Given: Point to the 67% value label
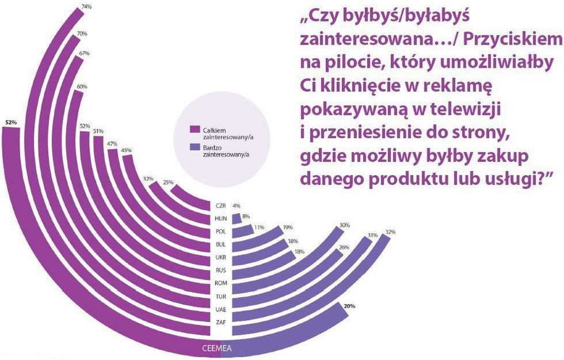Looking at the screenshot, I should coord(83,54).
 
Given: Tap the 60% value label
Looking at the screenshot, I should coord(82,88).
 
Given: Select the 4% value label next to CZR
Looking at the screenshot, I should coord(236,206).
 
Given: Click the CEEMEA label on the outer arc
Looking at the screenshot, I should coord(216,348).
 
